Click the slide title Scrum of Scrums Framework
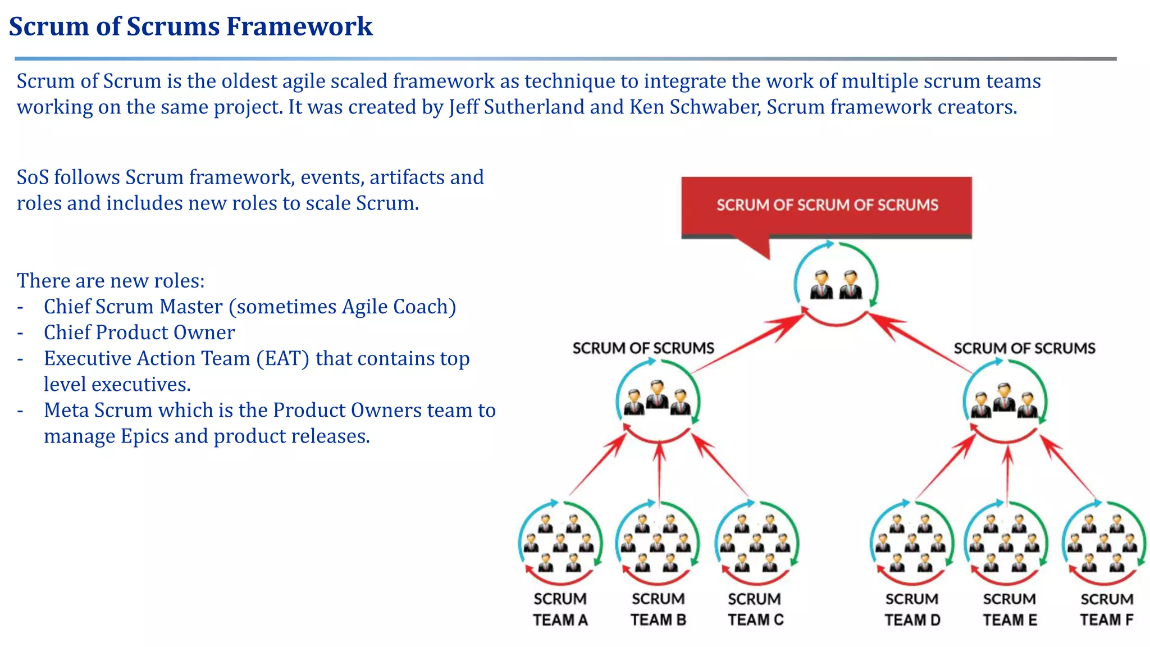(x=190, y=26)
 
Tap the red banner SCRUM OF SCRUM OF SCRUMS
(x=827, y=205)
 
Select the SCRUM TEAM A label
(x=560, y=609)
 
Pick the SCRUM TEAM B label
(x=658, y=609)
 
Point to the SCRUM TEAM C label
(x=755, y=609)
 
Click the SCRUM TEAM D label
(x=912, y=609)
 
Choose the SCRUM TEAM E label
(x=1010, y=609)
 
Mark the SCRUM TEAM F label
(x=1107, y=609)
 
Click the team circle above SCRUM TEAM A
(x=560, y=542)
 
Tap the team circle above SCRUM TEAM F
(x=1103, y=542)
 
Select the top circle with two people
(x=836, y=284)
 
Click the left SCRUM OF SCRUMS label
(x=643, y=348)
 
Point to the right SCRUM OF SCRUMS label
(x=1024, y=348)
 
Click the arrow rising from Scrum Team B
(x=659, y=472)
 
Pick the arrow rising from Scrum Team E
(x=1008, y=475)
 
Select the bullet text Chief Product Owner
(x=139, y=332)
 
